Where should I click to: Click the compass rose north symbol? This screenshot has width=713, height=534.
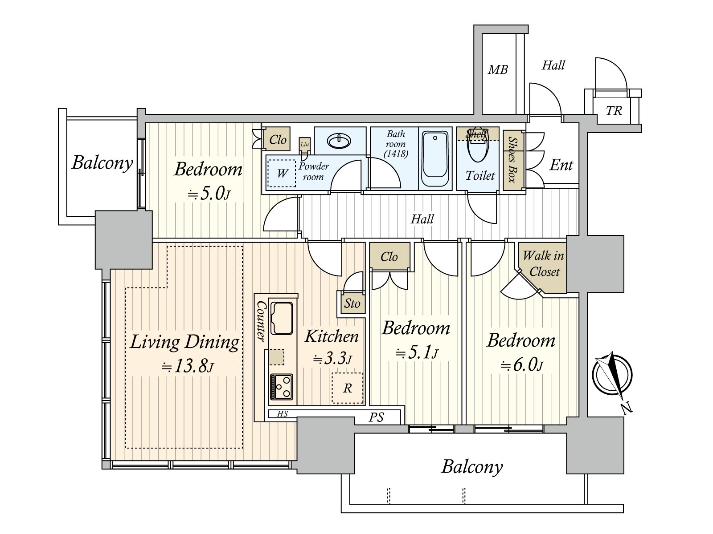612,376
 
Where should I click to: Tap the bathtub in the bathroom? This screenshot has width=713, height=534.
435,158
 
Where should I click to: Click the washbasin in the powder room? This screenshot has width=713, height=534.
339,142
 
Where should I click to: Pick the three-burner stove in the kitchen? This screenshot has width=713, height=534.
281,387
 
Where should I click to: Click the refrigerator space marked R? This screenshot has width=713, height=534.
347,388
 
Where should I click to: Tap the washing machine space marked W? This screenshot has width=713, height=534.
282,173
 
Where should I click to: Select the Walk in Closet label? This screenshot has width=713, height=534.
543,263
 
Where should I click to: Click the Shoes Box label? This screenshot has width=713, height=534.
513,159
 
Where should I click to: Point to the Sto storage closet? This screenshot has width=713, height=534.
352,303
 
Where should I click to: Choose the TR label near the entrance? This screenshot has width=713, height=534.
614,111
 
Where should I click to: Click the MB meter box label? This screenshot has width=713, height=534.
498,69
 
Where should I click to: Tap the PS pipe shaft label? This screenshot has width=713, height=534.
376,417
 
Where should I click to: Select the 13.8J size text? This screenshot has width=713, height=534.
188,366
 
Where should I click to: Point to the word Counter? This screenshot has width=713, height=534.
260,321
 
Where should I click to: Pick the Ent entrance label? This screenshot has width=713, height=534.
561,165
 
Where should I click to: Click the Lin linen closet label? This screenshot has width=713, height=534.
305,144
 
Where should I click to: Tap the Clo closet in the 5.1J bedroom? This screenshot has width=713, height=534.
389,257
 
